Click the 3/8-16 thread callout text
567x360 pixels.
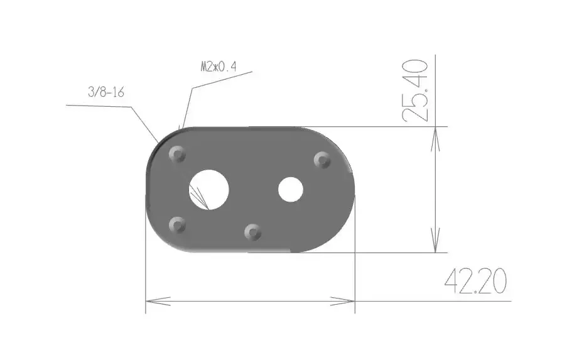pyautogui.click(x=105, y=92)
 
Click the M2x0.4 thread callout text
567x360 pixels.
pyautogui.click(x=218, y=67)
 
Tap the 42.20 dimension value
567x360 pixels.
pyautogui.click(x=475, y=283)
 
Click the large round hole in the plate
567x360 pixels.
pyautogui.click(x=210, y=188)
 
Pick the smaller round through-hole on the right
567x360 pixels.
pyautogui.click(x=291, y=189)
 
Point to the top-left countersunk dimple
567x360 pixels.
pyautogui.click(x=178, y=154)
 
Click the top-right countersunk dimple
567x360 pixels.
pyautogui.click(x=322, y=160)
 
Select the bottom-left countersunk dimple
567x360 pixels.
pyautogui.click(x=178, y=224)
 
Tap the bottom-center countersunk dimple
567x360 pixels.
pyautogui.click(x=253, y=232)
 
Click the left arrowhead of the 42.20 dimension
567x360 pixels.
pyautogui.click(x=154, y=300)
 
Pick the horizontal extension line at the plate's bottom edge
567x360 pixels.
pyautogui.click(x=377, y=253)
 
